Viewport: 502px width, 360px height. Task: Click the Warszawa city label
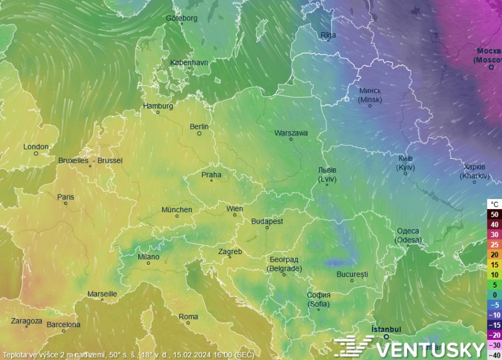pyautogui.click(x=291, y=133)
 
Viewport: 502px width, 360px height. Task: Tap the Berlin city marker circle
pyautogui.click(x=199, y=134)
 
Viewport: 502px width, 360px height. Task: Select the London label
pyautogui.click(x=36, y=147)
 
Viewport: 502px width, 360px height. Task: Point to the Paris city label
pyautogui.click(x=65, y=197)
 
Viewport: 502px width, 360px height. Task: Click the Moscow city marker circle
pyautogui.click(x=491, y=67)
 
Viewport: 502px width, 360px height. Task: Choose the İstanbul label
pyautogui.click(x=386, y=329)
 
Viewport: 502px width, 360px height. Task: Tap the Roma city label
pyautogui.click(x=188, y=317)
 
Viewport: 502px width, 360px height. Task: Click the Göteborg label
pyautogui.click(x=181, y=18)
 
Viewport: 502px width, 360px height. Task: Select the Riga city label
pyautogui.click(x=329, y=35)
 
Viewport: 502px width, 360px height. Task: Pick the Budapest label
pyautogui.click(x=267, y=221)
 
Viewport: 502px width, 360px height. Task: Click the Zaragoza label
pyautogui.click(x=26, y=321)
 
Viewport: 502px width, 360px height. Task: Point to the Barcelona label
pyautogui.click(x=63, y=324)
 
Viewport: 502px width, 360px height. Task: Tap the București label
pyautogui.click(x=352, y=274)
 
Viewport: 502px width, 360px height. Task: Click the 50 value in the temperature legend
pyautogui.click(x=494, y=214)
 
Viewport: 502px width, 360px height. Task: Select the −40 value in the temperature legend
pyautogui.click(x=494, y=355)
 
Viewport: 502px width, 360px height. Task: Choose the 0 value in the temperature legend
pyautogui.click(x=494, y=295)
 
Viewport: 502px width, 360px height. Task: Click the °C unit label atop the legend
pyautogui.click(x=494, y=204)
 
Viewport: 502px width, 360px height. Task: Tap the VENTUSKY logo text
pyautogui.click(x=429, y=349)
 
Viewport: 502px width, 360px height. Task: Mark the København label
pyautogui.click(x=189, y=62)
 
